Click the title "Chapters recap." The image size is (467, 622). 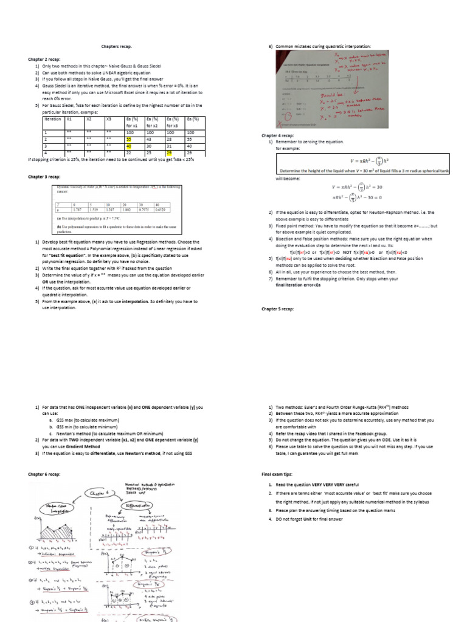(116, 47)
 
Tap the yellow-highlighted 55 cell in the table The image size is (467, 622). (128, 139)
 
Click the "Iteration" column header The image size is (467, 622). (54, 119)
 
